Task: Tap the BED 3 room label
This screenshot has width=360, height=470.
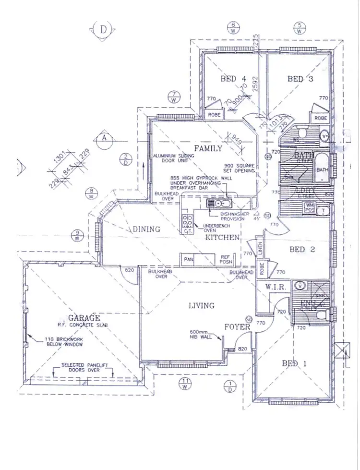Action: coord(300,79)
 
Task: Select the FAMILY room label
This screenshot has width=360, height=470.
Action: coord(208,148)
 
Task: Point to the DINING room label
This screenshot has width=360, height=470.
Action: coord(146,229)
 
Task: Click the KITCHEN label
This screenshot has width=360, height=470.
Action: coord(222,238)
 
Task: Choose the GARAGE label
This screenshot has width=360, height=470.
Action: coord(84,318)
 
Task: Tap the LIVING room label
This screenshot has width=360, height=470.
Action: coord(201,305)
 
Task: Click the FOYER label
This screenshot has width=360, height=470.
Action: coord(237,327)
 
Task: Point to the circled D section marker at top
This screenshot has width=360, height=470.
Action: coord(103,29)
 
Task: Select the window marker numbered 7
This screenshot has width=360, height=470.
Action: coord(173,96)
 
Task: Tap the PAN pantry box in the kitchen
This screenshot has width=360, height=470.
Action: coord(188,259)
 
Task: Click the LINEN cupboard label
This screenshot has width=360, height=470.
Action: coord(260,249)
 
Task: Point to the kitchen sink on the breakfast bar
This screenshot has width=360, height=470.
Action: coord(215,204)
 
